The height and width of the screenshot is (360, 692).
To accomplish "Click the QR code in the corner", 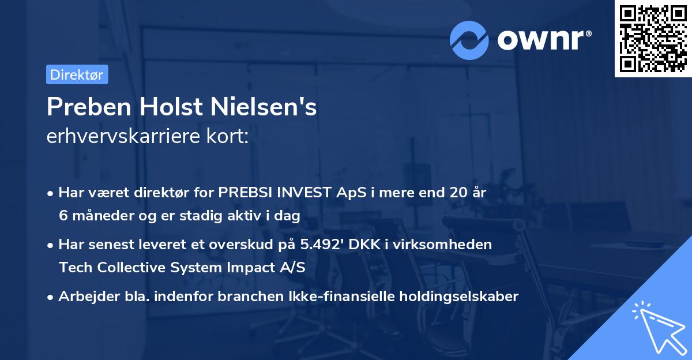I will coord(653,39).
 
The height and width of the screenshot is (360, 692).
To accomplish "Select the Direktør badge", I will coord(77,74).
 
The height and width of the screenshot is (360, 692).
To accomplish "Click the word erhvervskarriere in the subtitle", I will coord(118,137).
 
